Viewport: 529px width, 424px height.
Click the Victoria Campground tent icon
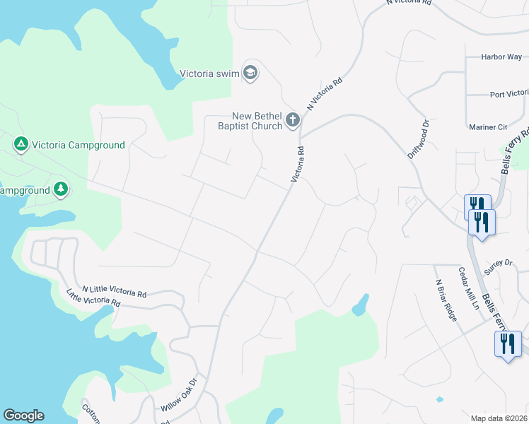21,144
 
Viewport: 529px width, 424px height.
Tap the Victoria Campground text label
77,145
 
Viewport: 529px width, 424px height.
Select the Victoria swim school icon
250,72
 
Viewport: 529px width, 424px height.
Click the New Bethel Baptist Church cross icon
293,122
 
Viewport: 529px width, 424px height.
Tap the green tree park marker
62,189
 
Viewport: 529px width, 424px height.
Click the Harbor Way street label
501,57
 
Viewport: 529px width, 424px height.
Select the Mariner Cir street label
489,127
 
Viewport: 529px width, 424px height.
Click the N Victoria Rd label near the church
324,94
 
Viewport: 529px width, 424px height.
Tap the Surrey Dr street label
498,263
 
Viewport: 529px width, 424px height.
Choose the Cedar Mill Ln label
468,286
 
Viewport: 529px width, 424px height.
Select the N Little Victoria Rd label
114,290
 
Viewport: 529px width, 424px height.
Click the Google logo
23,416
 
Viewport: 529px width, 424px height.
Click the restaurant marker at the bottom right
507,344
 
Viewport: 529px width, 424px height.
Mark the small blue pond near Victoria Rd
360,305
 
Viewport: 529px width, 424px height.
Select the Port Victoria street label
508,93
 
